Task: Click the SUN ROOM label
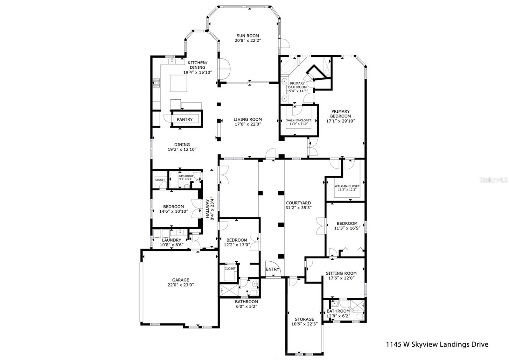(248, 36)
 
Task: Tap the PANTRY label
(185, 119)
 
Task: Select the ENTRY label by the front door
(272, 269)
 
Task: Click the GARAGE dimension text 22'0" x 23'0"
(181, 285)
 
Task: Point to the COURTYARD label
(298, 203)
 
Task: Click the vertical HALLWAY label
(207, 208)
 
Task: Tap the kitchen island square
(178, 83)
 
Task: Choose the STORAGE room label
(304, 319)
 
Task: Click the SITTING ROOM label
(341, 273)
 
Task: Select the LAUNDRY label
(171, 240)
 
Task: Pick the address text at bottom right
(437, 344)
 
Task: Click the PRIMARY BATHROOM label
(297, 85)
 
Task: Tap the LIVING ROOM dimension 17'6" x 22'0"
(248, 124)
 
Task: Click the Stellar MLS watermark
(493, 180)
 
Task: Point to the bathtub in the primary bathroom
(289, 65)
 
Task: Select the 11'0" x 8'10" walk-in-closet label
(299, 124)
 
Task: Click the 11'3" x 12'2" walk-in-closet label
(347, 189)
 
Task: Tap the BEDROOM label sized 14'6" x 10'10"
(173, 207)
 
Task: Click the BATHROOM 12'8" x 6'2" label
(338, 311)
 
